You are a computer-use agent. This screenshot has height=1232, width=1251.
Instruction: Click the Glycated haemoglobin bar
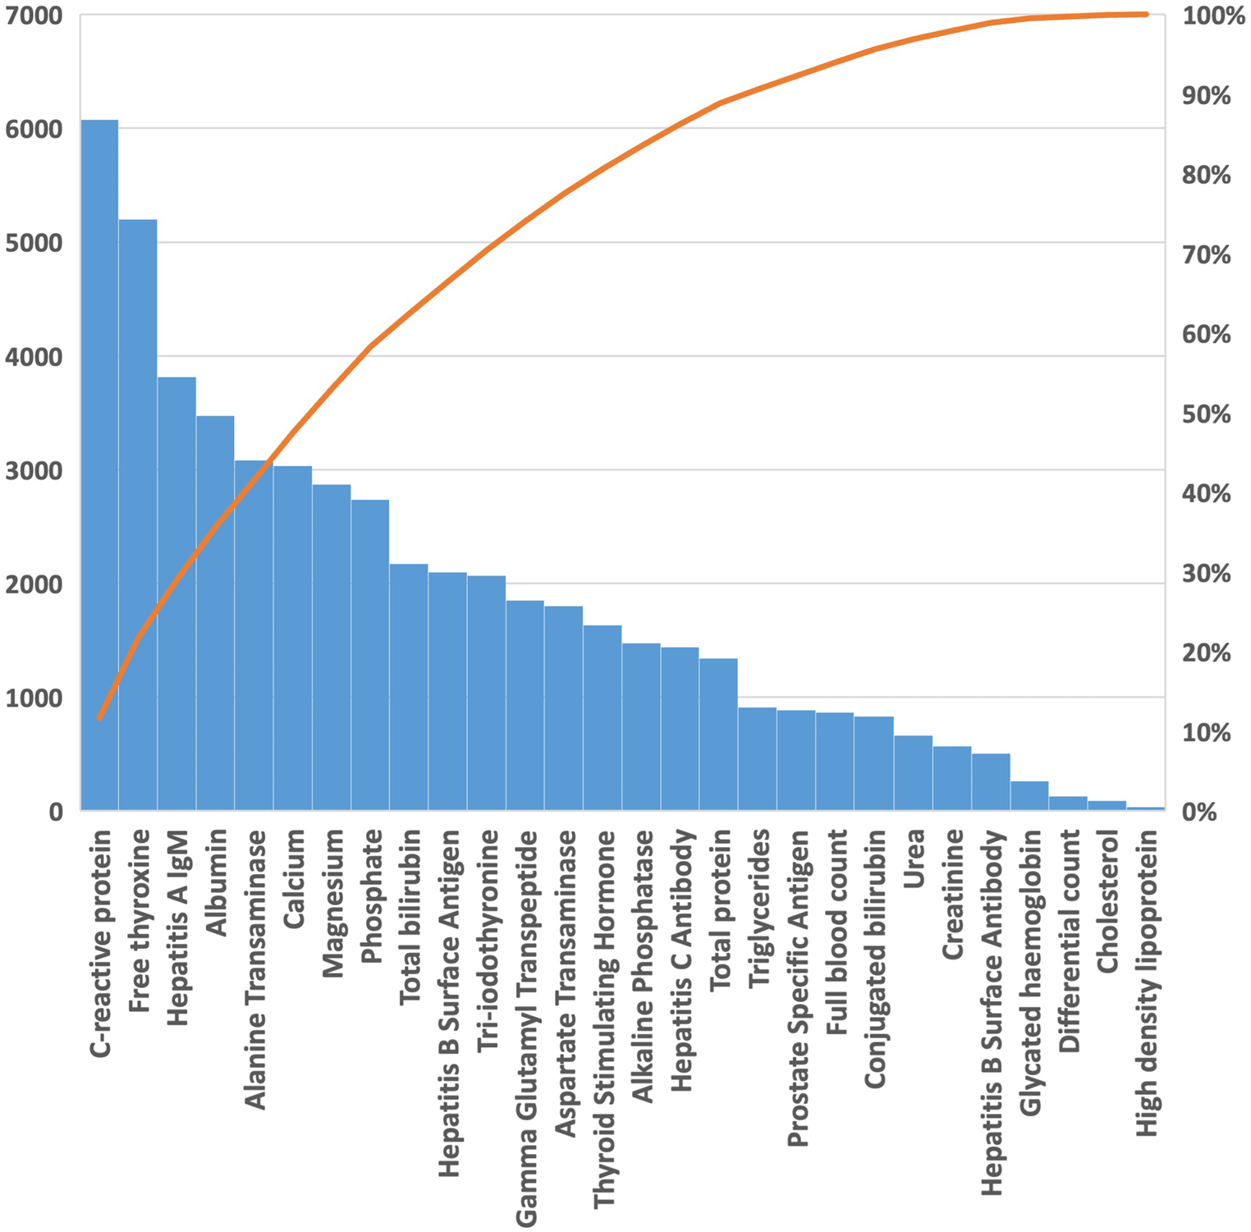point(1029,796)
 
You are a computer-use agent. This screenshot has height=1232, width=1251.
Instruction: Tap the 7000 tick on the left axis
point(34,16)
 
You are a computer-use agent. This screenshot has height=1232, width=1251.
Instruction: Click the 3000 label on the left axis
point(34,471)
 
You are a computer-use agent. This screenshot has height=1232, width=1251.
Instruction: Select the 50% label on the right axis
point(1206,414)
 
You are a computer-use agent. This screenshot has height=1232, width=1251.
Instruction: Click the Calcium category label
point(294,879)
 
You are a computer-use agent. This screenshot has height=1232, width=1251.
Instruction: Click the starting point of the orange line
point(99,717)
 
